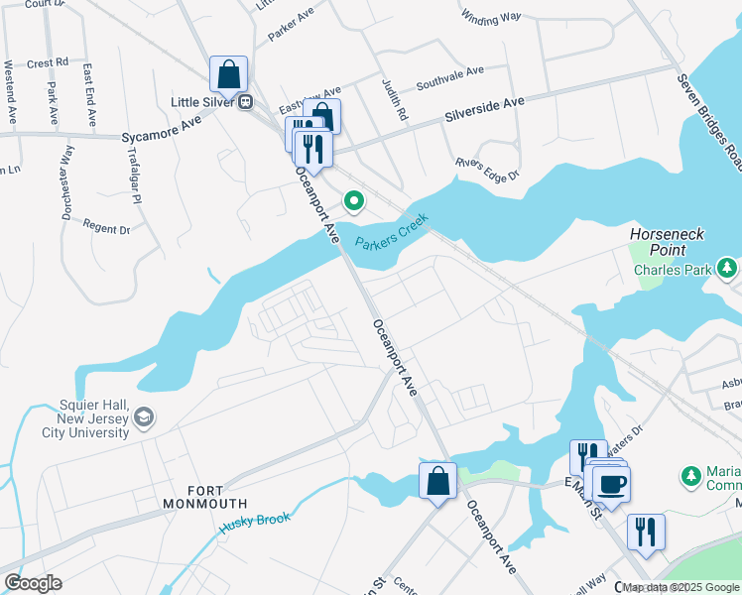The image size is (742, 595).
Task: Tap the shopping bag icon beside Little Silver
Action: [228, 73]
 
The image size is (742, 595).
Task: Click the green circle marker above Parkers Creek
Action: [354, 202]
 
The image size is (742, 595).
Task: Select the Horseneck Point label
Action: [667, 241]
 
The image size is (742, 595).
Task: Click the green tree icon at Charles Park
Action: [727, 267]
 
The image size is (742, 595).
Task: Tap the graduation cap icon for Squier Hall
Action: [144, 416]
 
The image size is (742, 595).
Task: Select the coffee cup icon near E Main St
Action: [612, 483]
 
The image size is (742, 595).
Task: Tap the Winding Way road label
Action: [491, 17]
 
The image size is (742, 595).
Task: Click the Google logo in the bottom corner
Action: [33, 583]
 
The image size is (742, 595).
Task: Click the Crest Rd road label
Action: [48, 61]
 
